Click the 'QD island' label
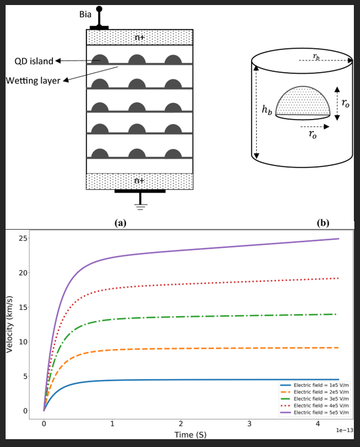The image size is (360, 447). pos(33,61)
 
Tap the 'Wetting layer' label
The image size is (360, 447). pos(33,80)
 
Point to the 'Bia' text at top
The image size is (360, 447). pos(85,14)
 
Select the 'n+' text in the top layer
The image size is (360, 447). pos(140,37)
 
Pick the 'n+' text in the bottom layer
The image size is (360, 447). pos(140,180)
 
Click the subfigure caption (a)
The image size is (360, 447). pos(119,222)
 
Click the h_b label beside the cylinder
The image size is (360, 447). pos(267,110)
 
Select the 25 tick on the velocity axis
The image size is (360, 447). pos(23,239)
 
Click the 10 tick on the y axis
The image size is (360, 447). pos(23,342)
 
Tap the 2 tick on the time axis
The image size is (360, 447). pos(181,424)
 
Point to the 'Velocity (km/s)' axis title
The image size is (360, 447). pos(9,324)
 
